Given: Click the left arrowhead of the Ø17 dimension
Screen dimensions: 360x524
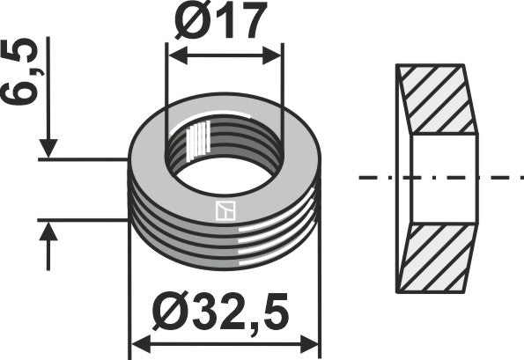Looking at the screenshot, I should pos(174,56).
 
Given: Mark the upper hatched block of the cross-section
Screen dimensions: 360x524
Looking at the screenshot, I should pos(435,99).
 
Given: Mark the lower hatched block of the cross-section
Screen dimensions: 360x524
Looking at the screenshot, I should pos(435,258).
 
